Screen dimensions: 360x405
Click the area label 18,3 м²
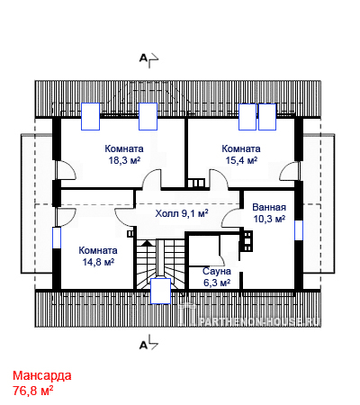click(x=124, y=160)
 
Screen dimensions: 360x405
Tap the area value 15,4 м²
click(x=241, y=160)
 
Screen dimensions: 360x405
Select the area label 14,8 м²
click(x=98, y=262)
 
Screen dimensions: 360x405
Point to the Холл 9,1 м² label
click(x=182, y=213)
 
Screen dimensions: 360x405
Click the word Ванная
click(x=269, y=207)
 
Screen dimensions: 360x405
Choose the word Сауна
click(x=217, y=271)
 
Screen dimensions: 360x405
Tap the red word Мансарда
click(x=42, y=375)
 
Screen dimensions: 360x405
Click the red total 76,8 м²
click(x=33, y=391)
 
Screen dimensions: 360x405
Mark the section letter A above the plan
click(x=143, y=58)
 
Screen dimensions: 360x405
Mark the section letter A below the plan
click(x=143, y=346)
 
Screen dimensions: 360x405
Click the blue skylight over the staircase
click(x=160, y=291)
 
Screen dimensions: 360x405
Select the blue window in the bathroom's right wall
click(x=299, y=230)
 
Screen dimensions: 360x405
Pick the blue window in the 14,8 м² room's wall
click(x=57, y=238)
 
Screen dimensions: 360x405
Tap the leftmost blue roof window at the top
click(x=90, y=116)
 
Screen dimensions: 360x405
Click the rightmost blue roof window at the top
click(x=267, y=117)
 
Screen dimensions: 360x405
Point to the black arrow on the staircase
click(x=147, y=243)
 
